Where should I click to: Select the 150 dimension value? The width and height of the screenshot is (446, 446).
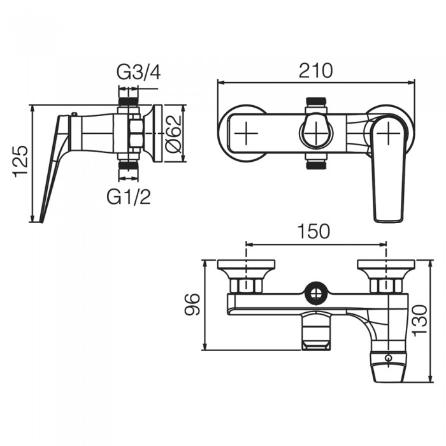(x=313, y=231)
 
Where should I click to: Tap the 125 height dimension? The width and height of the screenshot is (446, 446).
(x=21, y=162)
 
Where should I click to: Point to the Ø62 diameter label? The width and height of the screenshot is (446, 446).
(x=173, y=134)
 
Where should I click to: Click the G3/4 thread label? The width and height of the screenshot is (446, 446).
(x=138, y=73)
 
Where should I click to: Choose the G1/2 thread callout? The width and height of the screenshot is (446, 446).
(x=129, y=196)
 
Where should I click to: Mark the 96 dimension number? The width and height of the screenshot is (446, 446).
(x=192, y=305)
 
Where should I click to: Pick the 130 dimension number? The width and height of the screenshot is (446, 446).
(x=419, y=320)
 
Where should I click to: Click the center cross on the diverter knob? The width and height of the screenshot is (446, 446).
(x=316, y=133)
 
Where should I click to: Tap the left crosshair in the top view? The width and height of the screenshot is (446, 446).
(x=247, y=133)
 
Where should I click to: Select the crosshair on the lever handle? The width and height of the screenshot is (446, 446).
(x=388, y=133)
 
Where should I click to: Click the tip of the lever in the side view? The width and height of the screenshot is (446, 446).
(x=42, y=222)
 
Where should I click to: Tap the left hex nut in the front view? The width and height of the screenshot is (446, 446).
(x=247, y=286)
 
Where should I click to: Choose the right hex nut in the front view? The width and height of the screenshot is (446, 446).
(x=385, y=286)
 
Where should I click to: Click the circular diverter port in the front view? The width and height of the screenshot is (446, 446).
(x=316, y=294)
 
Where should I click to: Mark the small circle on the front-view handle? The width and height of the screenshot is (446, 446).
(x=388, y=357)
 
